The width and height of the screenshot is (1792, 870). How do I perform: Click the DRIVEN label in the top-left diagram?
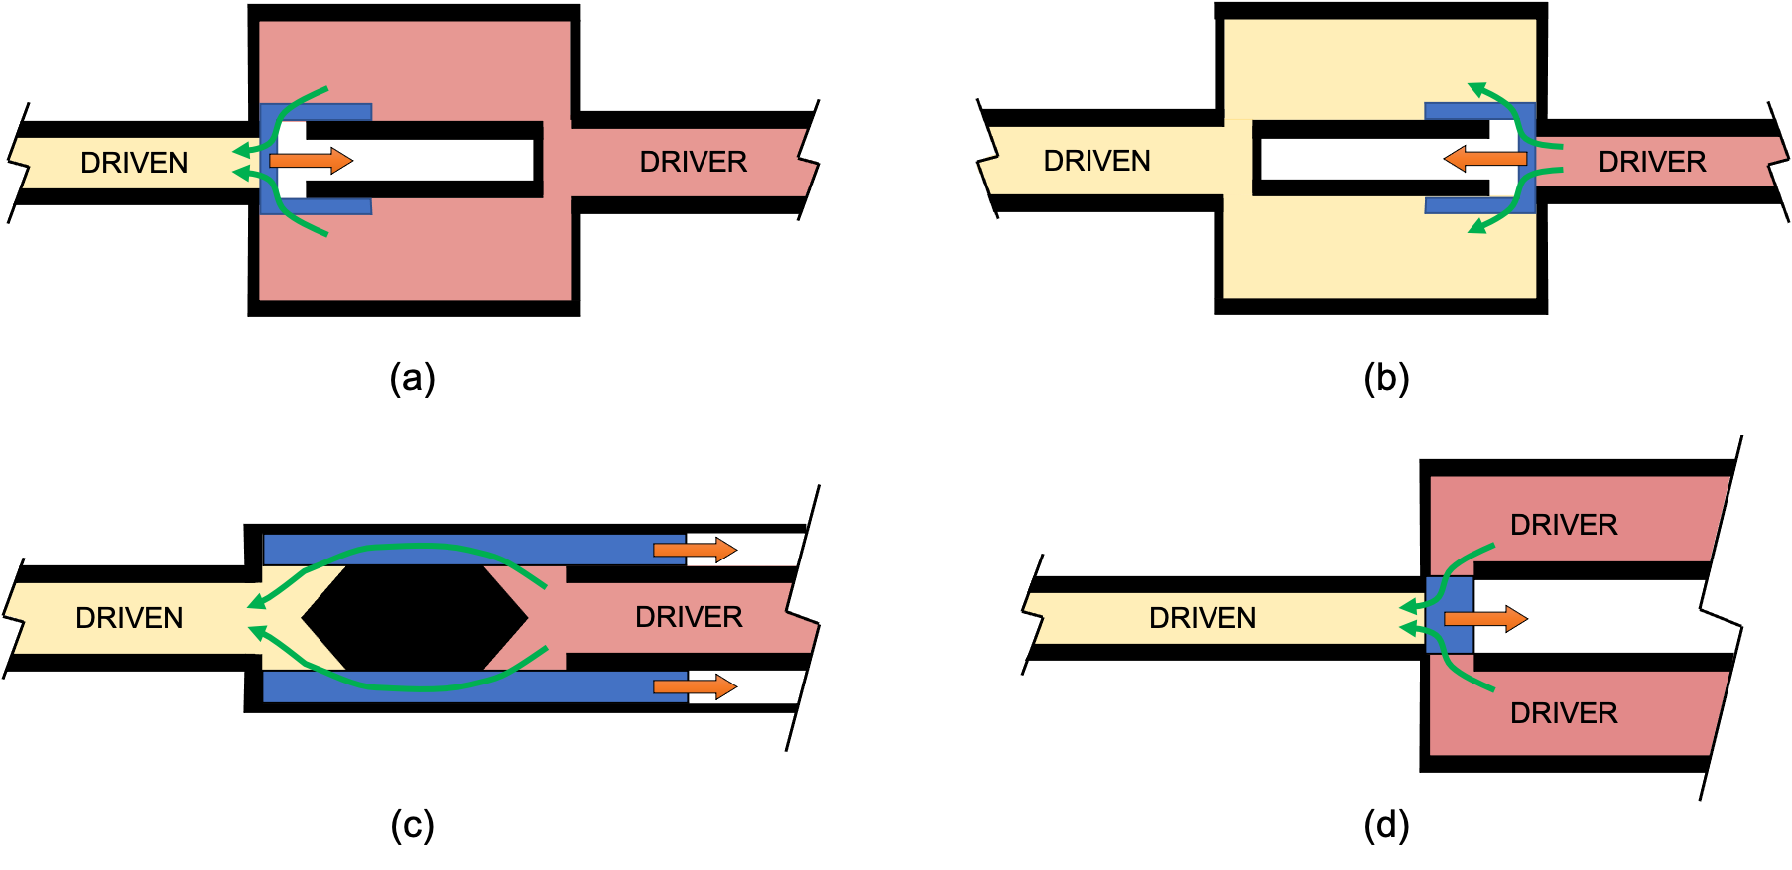134,163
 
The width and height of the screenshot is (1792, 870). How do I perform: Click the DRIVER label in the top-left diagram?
693,162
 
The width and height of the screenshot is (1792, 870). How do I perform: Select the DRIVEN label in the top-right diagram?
1096,161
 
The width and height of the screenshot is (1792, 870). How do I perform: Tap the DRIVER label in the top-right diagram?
1651,162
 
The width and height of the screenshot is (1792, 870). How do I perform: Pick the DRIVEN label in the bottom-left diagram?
129,618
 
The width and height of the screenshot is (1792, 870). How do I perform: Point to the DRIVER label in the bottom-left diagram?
689,617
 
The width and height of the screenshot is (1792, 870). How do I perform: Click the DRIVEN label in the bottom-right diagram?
1202,618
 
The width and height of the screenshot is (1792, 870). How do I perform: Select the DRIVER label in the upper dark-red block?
1563,525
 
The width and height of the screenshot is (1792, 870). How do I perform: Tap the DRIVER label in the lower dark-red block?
1563,713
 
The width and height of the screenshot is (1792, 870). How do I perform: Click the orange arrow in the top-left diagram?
310,161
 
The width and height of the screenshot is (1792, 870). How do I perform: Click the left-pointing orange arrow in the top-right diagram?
1485,159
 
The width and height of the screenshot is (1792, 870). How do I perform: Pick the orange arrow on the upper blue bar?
694,550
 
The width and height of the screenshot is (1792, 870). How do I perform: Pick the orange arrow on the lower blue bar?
694,686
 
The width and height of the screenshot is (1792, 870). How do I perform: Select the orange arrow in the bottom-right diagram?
1483,619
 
